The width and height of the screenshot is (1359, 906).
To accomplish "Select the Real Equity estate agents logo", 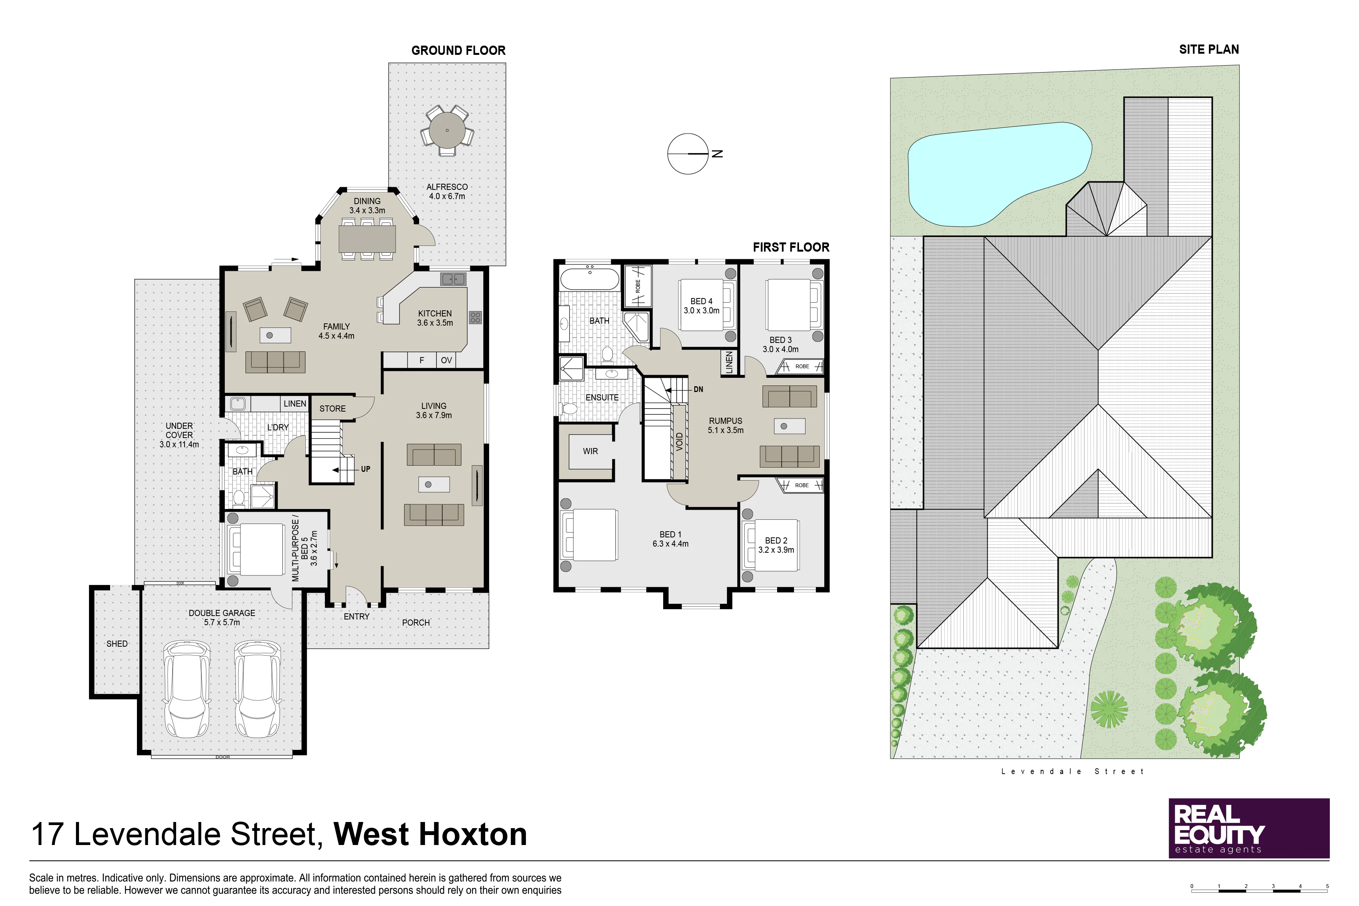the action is point(1249,828).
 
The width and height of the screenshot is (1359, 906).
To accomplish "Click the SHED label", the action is point(117,644).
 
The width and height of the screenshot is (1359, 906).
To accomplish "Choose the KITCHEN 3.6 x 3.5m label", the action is point(435,318).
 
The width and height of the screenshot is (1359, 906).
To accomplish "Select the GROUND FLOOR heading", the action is point(458,50).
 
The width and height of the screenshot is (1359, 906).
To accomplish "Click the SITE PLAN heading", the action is point(1209,49).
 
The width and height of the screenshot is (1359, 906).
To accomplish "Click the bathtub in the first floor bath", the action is point(590,279).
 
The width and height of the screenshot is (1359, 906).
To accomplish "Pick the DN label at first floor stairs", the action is point(698,389).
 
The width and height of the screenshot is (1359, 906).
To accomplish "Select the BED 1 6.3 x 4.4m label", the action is point(670,539).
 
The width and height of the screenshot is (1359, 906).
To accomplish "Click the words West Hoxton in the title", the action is point(430,834).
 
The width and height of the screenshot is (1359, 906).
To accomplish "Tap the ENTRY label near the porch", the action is point(356,616).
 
